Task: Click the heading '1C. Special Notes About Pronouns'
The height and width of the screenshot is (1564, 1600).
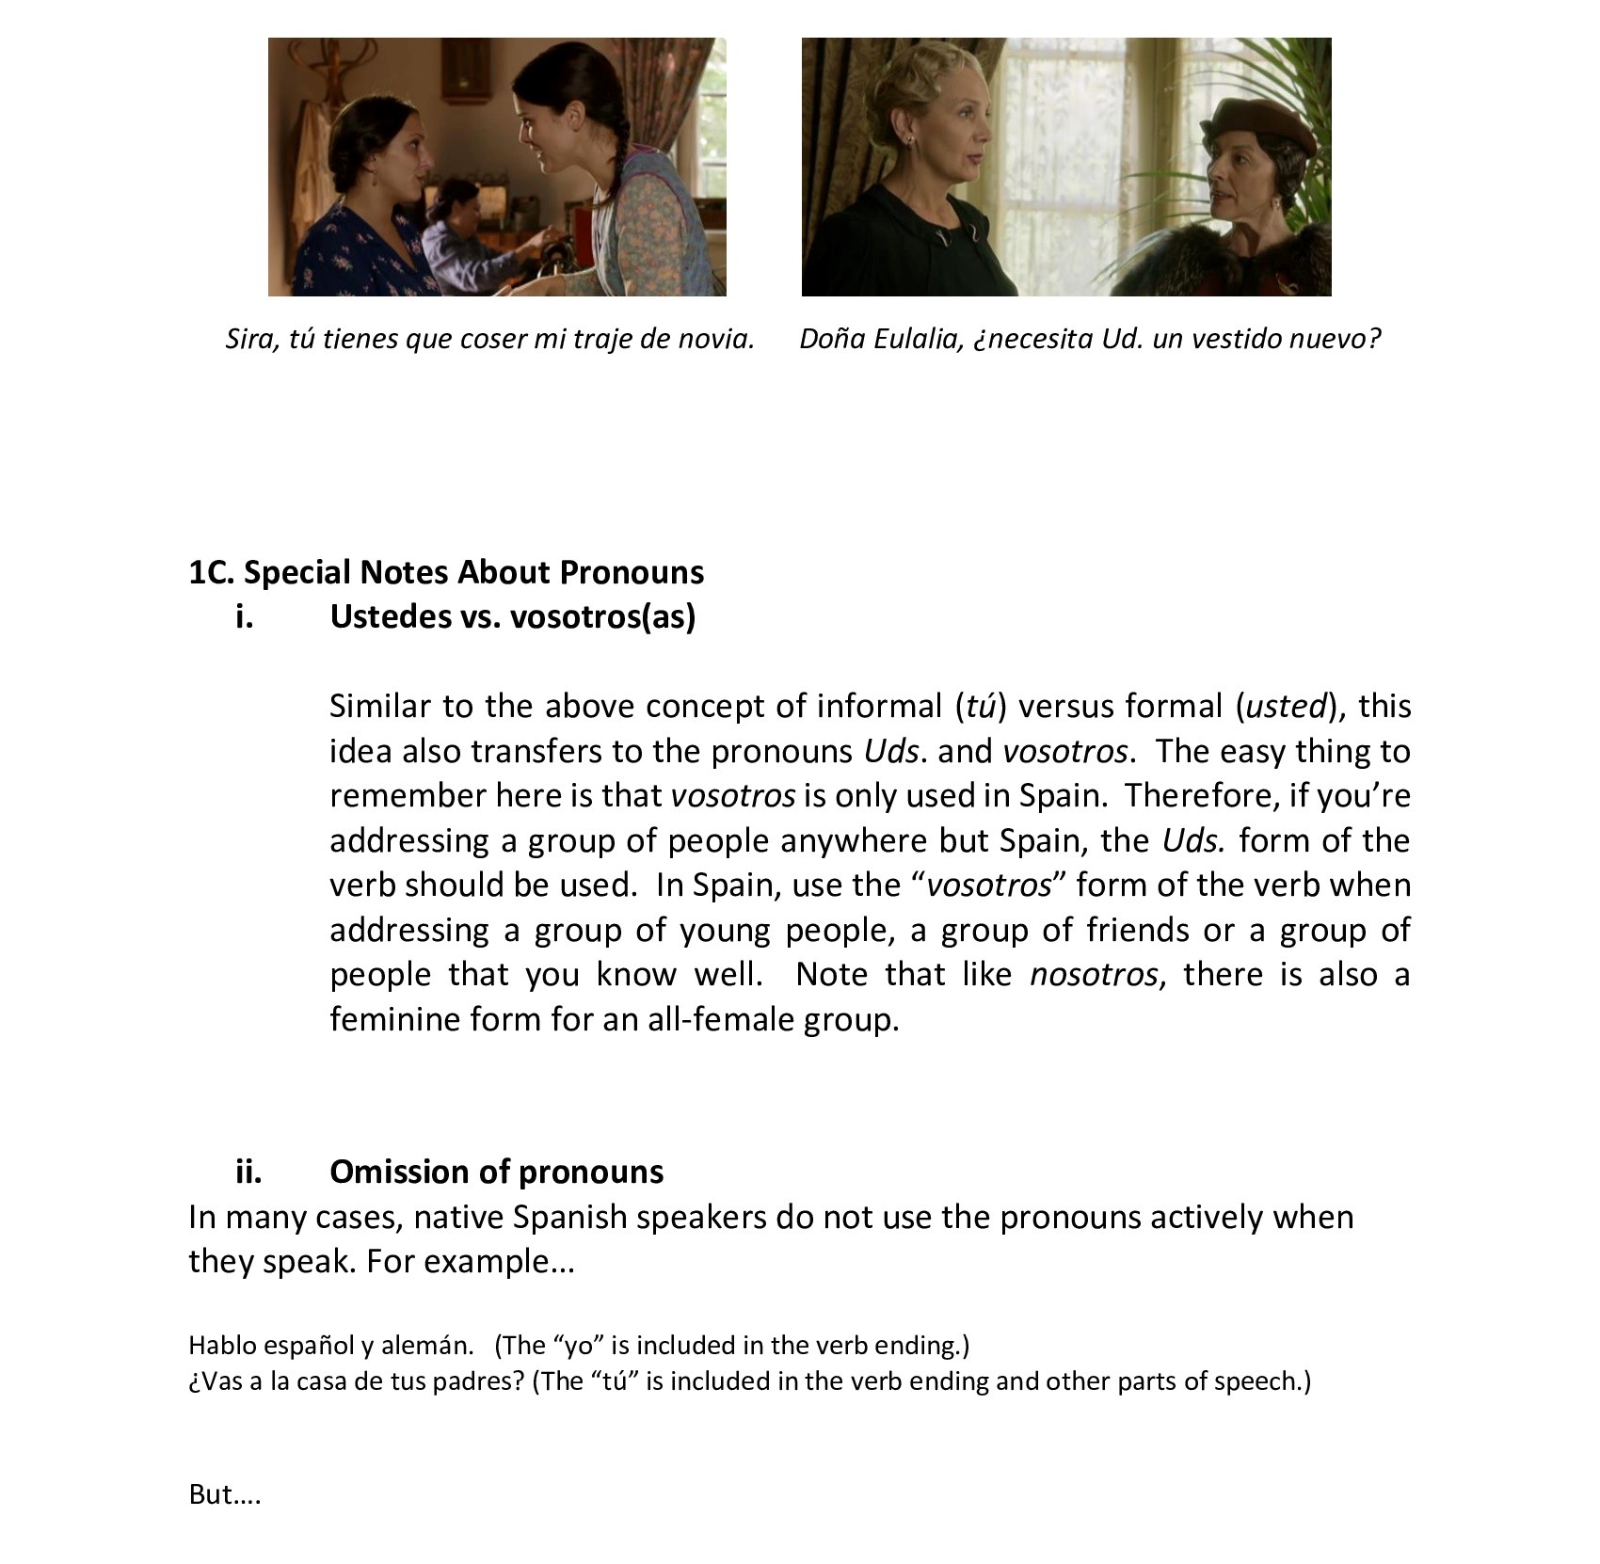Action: (446, 572)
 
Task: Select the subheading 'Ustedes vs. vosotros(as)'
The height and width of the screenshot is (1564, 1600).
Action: (512, 616)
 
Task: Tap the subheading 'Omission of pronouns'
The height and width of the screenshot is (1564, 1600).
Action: (496, 1172)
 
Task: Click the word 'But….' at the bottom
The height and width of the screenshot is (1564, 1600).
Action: (224, 1493)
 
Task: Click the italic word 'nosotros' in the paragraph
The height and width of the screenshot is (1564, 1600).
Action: (1093, 974)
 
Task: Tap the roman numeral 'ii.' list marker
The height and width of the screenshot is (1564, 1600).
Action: (248, 1172)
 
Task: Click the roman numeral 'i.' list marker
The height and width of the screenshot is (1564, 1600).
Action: (245, 616)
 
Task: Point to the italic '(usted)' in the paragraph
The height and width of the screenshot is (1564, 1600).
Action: (1286, 706)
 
